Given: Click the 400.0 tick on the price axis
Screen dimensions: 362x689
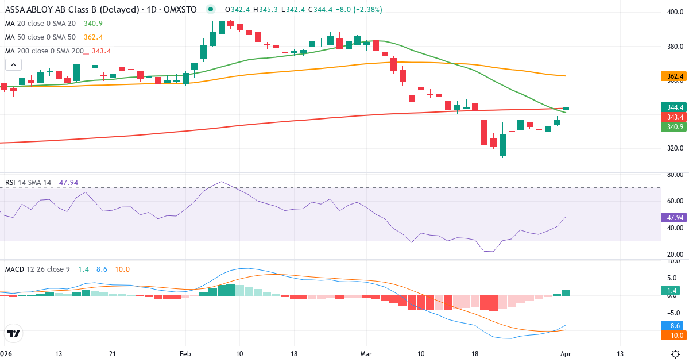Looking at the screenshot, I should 674,12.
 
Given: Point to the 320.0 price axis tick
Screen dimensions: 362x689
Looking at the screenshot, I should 674,148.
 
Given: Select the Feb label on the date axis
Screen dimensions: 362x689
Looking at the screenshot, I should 185,353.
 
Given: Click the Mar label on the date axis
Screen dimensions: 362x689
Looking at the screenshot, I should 366,353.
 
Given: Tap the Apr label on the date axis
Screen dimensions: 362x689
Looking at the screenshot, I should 566,353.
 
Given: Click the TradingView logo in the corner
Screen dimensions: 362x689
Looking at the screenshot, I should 14,333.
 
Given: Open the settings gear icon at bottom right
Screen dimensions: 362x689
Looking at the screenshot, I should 676,353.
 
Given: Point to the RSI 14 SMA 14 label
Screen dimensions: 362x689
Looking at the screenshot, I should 28,182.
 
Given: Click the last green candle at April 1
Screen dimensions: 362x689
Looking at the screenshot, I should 566,108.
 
